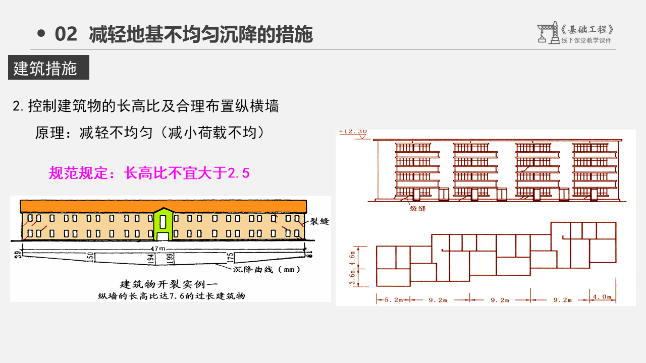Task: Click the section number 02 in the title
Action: (x=66, y=34)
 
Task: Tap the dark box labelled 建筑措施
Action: (x=48, y=68)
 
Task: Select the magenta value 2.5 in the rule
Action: (x=239, y=173)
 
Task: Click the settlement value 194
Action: (x=150, y=258)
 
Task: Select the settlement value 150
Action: (x=90, y=257)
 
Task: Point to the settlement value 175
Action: (x=231, y=258)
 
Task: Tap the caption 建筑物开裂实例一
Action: (x=171, y=283)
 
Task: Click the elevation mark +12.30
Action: (x=353, y=132)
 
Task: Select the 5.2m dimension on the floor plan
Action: (x=391, y=300)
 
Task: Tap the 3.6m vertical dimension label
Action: (x=352, y=277)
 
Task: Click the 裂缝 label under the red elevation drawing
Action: (x=417, y=208)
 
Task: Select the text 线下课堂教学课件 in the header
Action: (x=586, y=41)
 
